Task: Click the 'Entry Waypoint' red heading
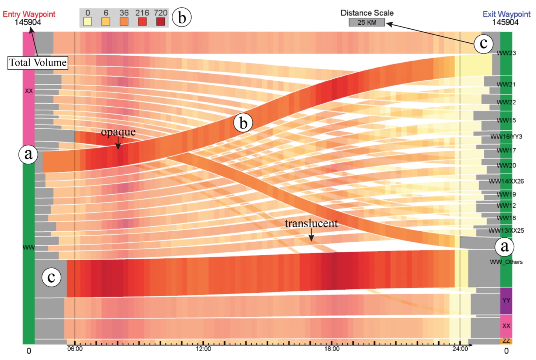(x=29, y=14)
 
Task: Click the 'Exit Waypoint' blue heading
(x=506, y=14)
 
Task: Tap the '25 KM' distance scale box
(x=366, y=22)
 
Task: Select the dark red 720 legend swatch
(x=161, y=21)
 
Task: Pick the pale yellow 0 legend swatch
(x=87, y=21)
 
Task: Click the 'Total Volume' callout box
(x=38, y=62)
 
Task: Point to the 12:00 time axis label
(x=203, y=349)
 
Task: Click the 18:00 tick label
(x=332, y=349)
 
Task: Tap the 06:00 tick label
(x=75, y=349)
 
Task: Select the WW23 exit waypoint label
(x=506, y=53)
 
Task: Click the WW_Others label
(x=506, y=262)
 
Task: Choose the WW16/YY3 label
(x=506, y=137)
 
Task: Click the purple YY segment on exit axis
(x=506, y=300)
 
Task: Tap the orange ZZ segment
(x=506, y=341)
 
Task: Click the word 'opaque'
(x=118, y=132)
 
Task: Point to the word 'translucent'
(x=311, y=223)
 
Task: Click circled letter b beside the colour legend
(x=182, y=17)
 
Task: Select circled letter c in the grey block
(x=51, y=277)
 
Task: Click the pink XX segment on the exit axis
(x=506, y=326)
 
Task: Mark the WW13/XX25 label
(x=506, y=231)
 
